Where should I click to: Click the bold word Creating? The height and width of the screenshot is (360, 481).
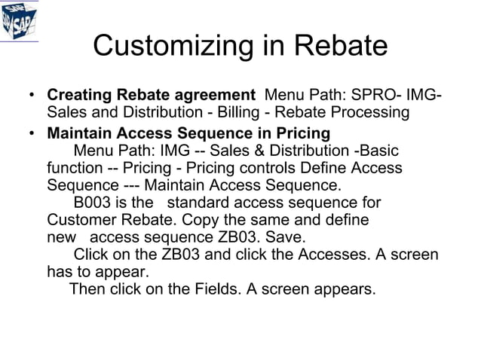coord(79,96)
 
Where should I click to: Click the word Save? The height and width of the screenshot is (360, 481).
coord(286,236)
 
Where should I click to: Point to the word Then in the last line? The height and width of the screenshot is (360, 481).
coord(87,288)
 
